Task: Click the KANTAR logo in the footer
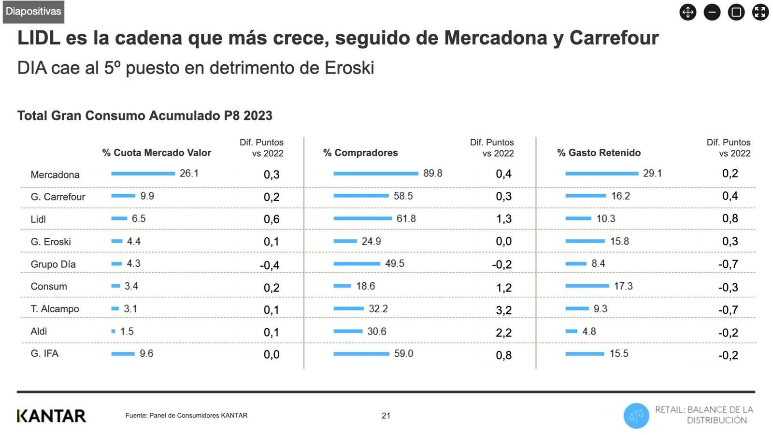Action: pyautogui.click(x=51, y=416)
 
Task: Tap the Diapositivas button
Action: pyautogui.click(x=33, y=12)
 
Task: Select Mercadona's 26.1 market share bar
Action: pyautogui.click(x=143, y=174)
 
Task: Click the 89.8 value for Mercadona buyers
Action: pyautogui.click(x=432, y=174)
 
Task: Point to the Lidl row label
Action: pyautogui.click(x=38, y=219)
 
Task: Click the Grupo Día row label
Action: pyautogui.click(x=53, y=264)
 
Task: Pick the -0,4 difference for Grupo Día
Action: pyautogui.click(x=270, y=265)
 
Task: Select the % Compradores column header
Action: pyautogui.click(x=360, y=153)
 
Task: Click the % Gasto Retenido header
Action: pyautogui.click(x=599, y=153)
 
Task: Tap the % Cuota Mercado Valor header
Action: pyautogui.click(x=157, y=153)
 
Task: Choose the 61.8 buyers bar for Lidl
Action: pyautogui.click(x=362, y=218)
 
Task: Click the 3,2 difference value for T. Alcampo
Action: pyautogui.click(x=503, y=310)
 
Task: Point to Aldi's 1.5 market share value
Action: pyautogui.click(x=127, y=332)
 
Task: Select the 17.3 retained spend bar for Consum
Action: pyautogui.click(x=587, y=286)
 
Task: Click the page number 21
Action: pyautogui.click(x=386, y=416)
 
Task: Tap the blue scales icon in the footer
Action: pyautogui.click(x=636, y=416)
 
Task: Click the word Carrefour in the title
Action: pyautogui.click(x=614, y=38)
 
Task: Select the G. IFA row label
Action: pyautogui.click(x=44, y=354)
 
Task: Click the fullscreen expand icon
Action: pyautogui.click(x=760, y=12)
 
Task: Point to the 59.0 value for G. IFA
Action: pyautogui.click(x=403, y=354)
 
